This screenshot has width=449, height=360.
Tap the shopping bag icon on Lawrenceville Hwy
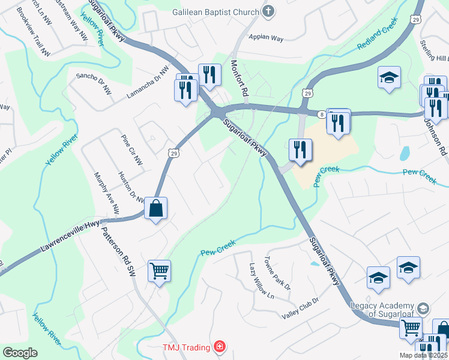click(x=155, y=209)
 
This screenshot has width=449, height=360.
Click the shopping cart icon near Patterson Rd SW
click(x=159, y=271)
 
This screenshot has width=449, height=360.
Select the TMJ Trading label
click(x=186, y=347)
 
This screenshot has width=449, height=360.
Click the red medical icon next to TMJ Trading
click(x=220, y=347)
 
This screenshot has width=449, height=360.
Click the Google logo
click(x=20, y=353)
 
